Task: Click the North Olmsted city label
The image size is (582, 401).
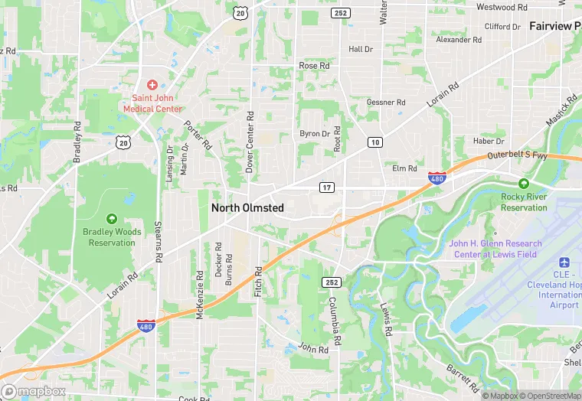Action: coord(247,207)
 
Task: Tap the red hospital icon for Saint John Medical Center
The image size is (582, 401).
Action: coord(152,83)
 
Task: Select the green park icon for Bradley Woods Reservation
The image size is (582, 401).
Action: coord(112,220)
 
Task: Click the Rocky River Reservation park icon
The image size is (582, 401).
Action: coord(523,184)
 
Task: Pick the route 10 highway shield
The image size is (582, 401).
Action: coord(375,142)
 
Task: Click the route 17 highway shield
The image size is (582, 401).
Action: coord(325,187)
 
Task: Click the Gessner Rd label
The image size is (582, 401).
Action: coord(386,103)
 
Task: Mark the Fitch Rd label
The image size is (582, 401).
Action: coord(258,282)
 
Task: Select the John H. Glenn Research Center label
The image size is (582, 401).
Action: coord(495,249)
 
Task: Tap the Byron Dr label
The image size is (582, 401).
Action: coord(315,134)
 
